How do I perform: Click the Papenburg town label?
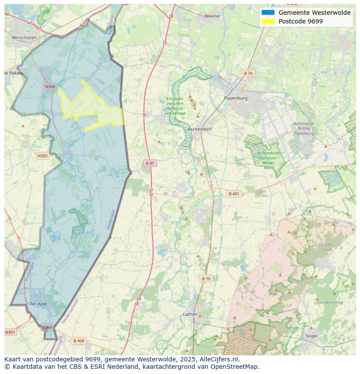pos(236,98)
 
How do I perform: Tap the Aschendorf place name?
pos(200,129)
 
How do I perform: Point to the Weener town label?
pos(213,16)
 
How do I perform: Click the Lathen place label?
pos(190,314)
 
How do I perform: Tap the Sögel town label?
pos(311,336)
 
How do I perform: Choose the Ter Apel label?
pos(38,304)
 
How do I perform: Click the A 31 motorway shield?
pos(150,163)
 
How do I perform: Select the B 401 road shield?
pos(234,194)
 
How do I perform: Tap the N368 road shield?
pos(50,87)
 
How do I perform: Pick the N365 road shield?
pos(43,156)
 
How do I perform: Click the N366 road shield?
pos(47,328)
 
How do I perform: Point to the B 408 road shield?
pos(79,341)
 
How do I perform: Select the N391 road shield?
pos(10,332)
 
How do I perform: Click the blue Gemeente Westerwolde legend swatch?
pos(268,13)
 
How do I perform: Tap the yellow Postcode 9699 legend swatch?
pos(268,21)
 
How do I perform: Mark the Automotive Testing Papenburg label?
pos(303,129)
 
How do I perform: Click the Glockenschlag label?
pos(330,302)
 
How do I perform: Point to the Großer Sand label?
pos(327,247)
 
